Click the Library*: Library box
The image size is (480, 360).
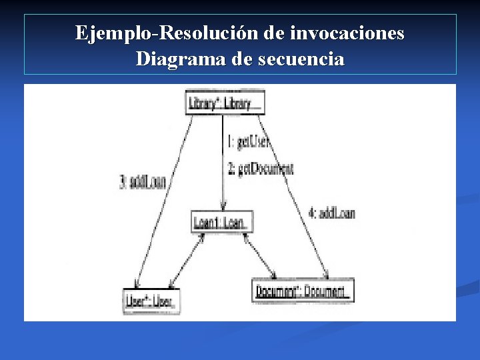[x=225, y=103]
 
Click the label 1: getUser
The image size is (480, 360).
[x=249, y=141]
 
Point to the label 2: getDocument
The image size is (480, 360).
[x=261, y=169]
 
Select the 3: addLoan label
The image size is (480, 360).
[x=143, y=181]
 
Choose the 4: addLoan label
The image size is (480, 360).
[x=332, y=213]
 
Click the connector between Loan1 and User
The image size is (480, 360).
[x=185, y=261]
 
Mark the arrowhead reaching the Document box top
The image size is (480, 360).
[x=326, y=276]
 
